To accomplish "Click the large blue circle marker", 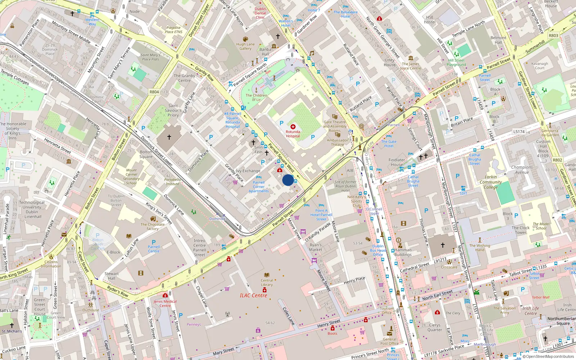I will coord(288,180).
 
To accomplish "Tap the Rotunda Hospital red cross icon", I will coord(293,127).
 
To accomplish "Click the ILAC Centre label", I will coord(253,296).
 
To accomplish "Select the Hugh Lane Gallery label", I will coord(246,46).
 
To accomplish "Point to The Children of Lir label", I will coord(256,98).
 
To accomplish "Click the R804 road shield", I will coord(154,92).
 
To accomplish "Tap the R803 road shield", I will coord(553,36).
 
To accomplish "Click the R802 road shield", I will coord(557,160).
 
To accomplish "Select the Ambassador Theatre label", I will coord(337,143).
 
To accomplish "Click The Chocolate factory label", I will coord(153,226).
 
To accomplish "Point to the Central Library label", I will coord(267,283).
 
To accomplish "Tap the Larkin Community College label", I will coord(491,182).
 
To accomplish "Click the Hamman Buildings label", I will coord(403,252).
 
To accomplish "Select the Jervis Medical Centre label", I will coord(165,303).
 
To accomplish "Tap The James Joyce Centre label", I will coord(410,66).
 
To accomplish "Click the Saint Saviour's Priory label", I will coord(173,111).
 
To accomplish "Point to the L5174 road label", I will coord(519,132).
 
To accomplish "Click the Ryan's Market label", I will coord(316,247).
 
